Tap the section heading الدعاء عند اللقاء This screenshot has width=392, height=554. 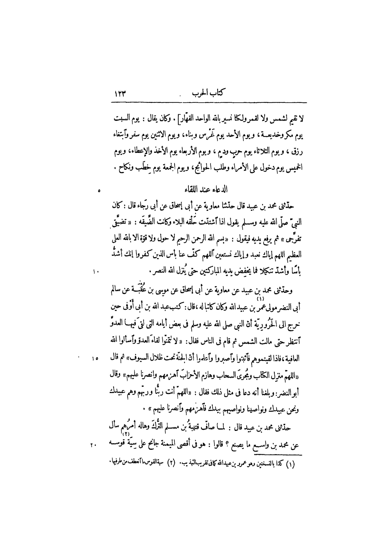[206, 189]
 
